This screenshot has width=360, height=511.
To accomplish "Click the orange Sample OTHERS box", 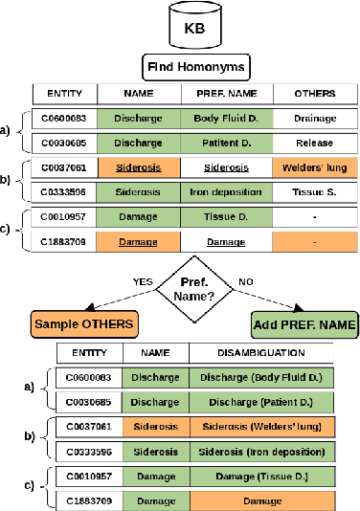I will pyautogui.click(x=83, y=323).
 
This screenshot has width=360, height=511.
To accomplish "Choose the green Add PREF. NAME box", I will pyautogui.click(x=304, y=323).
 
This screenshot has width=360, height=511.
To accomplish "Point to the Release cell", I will pyautogui.click(x=315, y=142).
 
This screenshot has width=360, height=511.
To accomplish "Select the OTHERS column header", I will pyautogui.click(x=315, y=93).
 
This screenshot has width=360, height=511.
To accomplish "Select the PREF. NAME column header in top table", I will pyautogui.click(x=227, y=93).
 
